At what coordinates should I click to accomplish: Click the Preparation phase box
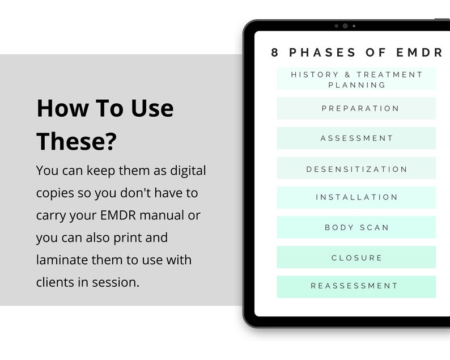tap(356, 108)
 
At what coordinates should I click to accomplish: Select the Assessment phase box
tap(356, 138)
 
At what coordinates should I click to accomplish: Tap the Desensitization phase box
tap(356, 168)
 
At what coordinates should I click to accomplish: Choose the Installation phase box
tap(356, 197)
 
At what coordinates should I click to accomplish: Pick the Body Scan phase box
tap(356, 227)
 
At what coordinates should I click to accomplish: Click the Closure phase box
tap(356, 257)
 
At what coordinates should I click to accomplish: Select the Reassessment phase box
tap(356, 286)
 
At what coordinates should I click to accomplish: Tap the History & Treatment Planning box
tap(356, 79)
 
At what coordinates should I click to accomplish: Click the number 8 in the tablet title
tap(275, 53)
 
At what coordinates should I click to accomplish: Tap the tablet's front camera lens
tap(345, 26)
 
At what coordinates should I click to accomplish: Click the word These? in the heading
tap(76, 141)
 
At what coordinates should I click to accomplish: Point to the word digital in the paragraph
tap(186, 170)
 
